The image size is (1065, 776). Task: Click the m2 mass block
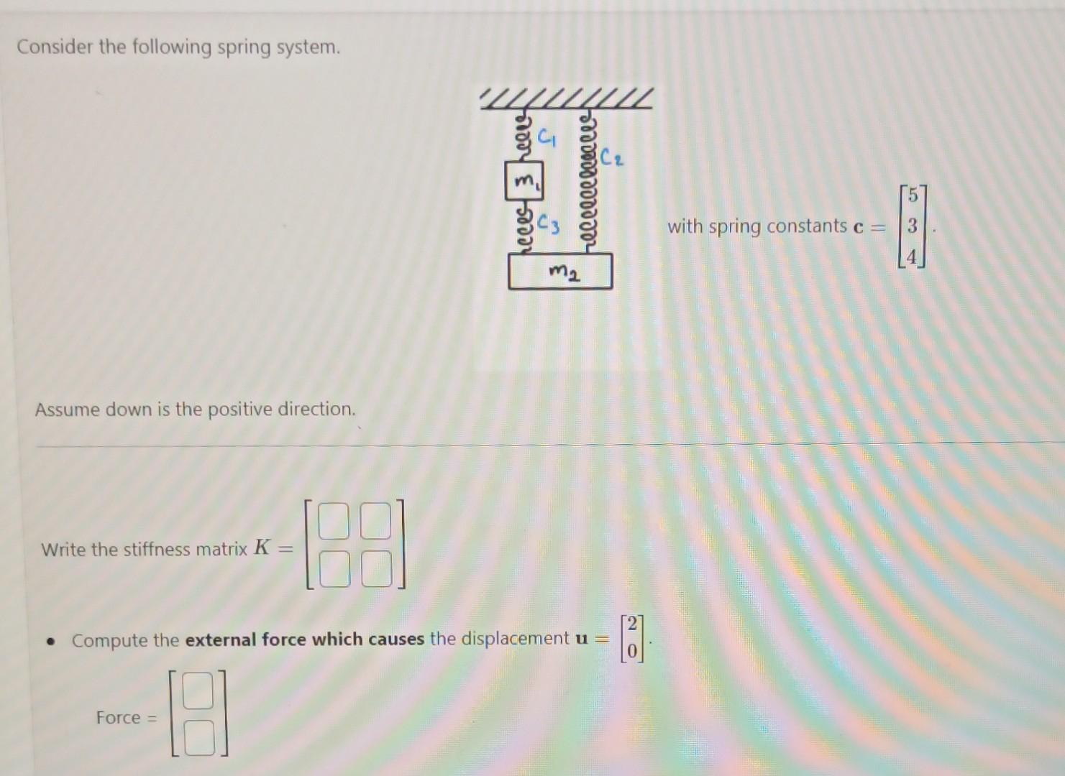pos(560,272)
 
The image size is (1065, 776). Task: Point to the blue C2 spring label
pos(612,157)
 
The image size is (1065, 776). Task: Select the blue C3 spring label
pos(549,224)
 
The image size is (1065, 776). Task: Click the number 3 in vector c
pos(912,226)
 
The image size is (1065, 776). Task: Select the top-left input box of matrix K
pos(332,522)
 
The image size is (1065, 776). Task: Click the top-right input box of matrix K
pos(376,522)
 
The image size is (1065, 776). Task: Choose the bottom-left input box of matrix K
pos(332,569)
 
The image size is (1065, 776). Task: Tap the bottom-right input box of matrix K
pos(376,569)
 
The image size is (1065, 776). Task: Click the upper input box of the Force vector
pos(198,691)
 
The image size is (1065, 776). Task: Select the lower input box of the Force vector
pos(198,738)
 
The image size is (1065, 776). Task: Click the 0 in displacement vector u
pos(631,651)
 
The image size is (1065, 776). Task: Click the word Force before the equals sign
pos(118,718)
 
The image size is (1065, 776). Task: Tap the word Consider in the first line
pos(55,47)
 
